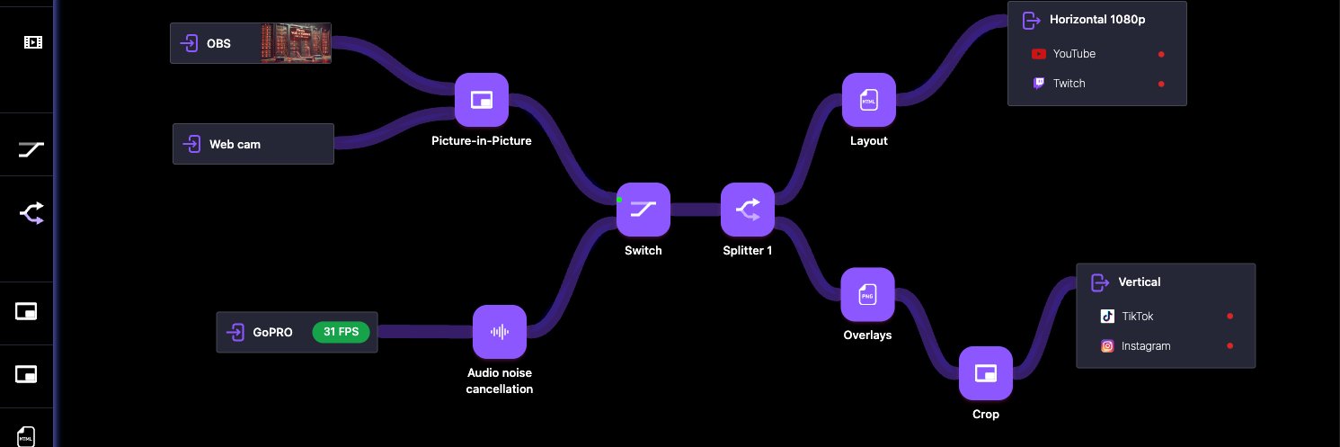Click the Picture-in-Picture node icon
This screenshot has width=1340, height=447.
pos(482,100)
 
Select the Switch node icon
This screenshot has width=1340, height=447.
pos(643,210)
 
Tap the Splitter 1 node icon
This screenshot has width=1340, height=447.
pos(748,210)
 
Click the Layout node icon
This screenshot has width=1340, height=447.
pos(868,101)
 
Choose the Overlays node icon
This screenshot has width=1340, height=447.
pos(867,294)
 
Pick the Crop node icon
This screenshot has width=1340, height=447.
pos(986,373)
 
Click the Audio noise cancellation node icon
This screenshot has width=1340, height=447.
pos(500,332)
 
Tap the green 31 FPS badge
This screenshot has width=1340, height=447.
pos(342,332)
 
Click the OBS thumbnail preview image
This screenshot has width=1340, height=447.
pos(296,43)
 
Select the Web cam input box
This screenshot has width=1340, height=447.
pos(253,144)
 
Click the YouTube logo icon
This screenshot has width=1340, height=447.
pos(1039,54)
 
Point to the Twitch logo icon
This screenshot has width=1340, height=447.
pos(1039,84)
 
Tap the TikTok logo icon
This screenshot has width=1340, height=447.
pos(1108,317)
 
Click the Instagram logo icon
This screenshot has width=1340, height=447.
pos(1108,346)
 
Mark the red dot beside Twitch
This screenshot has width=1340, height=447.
pos(1161,84)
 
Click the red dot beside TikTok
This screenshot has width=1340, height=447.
pos(1229,317)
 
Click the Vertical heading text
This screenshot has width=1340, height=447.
pos(1140,282)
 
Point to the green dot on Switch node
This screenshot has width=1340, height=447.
pos(619,199)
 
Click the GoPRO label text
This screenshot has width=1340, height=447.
pos(273,332)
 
